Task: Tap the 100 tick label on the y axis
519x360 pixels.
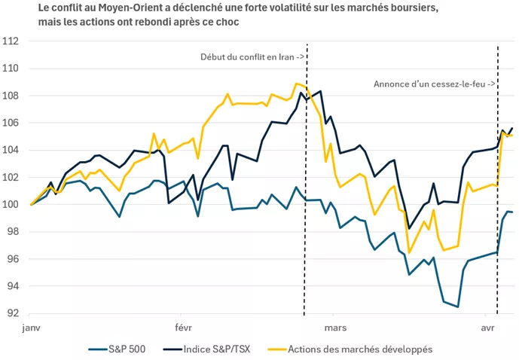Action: coord(14,204)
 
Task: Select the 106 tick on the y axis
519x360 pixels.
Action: coord(14,123)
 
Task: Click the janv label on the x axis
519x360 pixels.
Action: coord(31,328)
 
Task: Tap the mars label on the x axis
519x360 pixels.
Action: coord(335,328)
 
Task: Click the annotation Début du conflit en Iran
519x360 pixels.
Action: coord(252,57)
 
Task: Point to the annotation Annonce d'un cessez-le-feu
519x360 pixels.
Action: coord(434,84)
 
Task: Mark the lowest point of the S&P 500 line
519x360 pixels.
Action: coord(457,307)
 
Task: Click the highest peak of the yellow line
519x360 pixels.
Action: coord(297,83)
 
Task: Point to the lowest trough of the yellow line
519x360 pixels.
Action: coord(409,252)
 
